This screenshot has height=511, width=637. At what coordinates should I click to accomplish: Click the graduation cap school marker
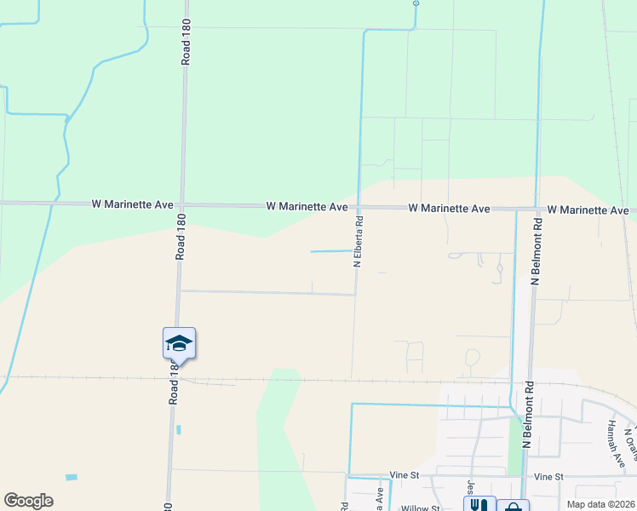[179, 343]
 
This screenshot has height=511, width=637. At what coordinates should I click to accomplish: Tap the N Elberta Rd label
[359, 243]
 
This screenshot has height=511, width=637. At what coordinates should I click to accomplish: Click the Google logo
[28, 501]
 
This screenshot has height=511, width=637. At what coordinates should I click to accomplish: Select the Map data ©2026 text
[600, 503]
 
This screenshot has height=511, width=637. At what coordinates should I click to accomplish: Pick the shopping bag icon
[513, 507]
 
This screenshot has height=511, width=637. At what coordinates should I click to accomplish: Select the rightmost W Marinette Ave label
[588, 210]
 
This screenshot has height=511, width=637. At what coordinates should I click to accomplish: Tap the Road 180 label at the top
[186, 43]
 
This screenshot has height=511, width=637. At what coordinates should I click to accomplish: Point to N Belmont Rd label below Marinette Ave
[537, 250]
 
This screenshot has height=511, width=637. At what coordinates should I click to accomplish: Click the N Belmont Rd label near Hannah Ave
[527, 422]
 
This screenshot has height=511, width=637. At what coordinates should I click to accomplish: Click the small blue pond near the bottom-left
[71, 477]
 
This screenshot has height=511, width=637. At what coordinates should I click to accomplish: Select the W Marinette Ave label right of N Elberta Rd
[449, 208]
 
